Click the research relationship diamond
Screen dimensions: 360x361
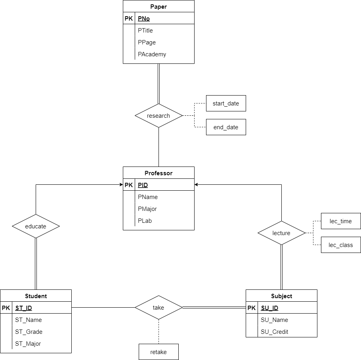[x=159, y=116]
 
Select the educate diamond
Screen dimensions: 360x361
[x=36, y=226]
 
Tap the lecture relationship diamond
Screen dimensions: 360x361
[x=281, y=233]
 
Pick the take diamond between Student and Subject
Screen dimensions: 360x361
[x=159, y=308]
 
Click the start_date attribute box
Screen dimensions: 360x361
[x=226, y=103]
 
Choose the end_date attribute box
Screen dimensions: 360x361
[x=226, y=127]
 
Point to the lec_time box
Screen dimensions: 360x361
[x=341, y=221]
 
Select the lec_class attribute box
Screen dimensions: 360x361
[x=341, y=245]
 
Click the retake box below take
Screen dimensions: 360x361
[x=159, y=352]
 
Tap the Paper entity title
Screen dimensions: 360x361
[x=159, y=6]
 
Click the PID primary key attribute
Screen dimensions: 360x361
[x=143, y=185]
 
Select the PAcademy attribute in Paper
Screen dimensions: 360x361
[x=152, y=54]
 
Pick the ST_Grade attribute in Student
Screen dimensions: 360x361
[x=29, y=332]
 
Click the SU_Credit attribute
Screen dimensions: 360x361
[x=274, y=332]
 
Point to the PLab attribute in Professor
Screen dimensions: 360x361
[x=145, y=221]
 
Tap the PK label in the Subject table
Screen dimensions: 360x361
[x=252, y=308]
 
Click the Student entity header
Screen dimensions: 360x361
[x=36, y=296]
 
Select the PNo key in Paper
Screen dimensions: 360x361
[x=143, y=19]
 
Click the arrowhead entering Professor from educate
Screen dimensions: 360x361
[x=121, y=185]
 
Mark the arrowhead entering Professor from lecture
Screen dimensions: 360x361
[x=197, y=185]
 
